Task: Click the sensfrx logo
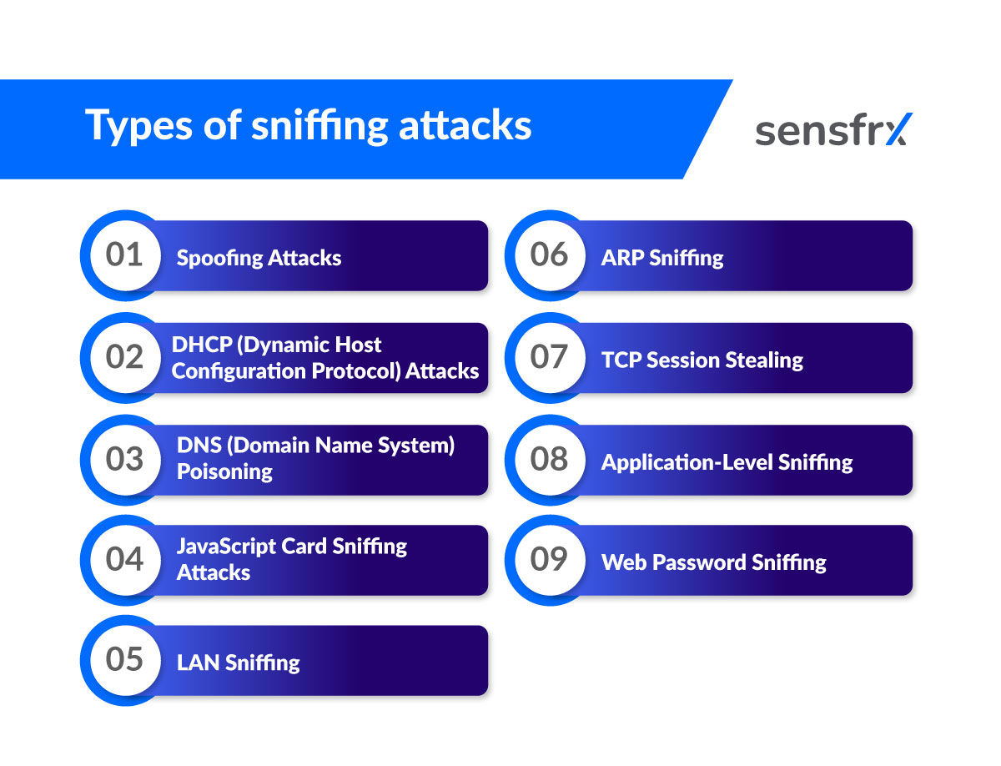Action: pyautogui.click(x=833, y=129)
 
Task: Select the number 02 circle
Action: pyautogui.click(x=124, y=357)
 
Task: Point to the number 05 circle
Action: pyautogui.click(x=124, y=660)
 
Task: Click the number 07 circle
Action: pyautogui.click(x=549, y=357)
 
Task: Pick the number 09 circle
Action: pyautogui.click(x=549, y=559)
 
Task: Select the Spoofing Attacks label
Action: pyautogui.click(x=259, y=258)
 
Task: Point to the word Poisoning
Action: pyautogui.click(x=224, y=471)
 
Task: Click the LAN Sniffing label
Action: pyautogui.click(x=238, y=663)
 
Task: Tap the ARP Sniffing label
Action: pyautogui.click(x=662, y=258)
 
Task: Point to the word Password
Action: pyautogui.click(x=699, y=562)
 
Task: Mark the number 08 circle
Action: pyautogui.click(x=549, y=459)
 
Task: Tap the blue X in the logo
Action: pyautogui.click(x=898, y=129)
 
